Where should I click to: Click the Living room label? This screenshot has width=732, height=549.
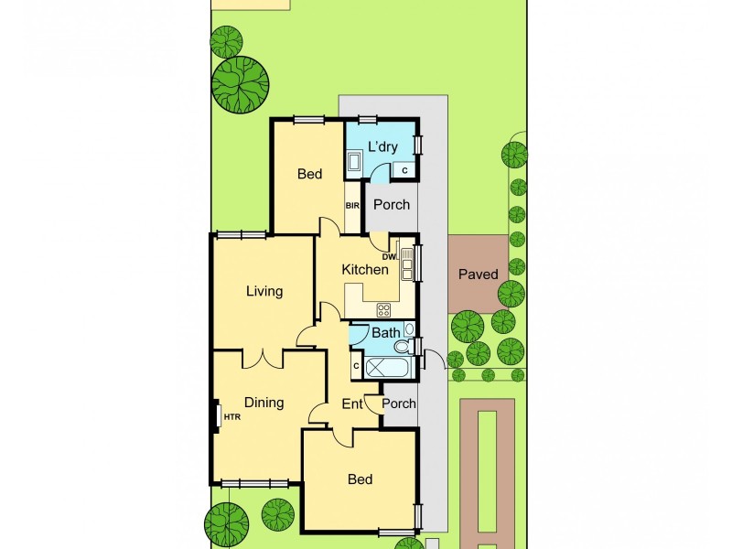[x=264, y=292]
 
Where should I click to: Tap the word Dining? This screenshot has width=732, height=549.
[x=264, y=403]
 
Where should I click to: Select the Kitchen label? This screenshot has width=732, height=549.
[x=365, y=270]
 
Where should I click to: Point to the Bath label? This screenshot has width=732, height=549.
[x=385, y=333]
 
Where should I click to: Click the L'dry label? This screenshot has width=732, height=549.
[x=382, y=147]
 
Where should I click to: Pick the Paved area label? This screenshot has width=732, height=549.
[x=478, y=274]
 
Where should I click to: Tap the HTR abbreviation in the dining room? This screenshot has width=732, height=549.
[x=231, y=417]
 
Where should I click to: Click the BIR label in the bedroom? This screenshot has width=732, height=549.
[x=352, y=206]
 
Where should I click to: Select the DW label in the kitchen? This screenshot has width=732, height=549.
[x=389, y=257]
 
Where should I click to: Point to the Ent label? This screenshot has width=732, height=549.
[x=352, y=404]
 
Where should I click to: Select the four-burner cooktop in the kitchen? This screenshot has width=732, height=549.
[x=383, y=310]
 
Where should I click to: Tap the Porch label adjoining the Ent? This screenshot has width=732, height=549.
[x=399, y=404]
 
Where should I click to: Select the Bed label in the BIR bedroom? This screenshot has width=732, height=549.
[x=310, y=174]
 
